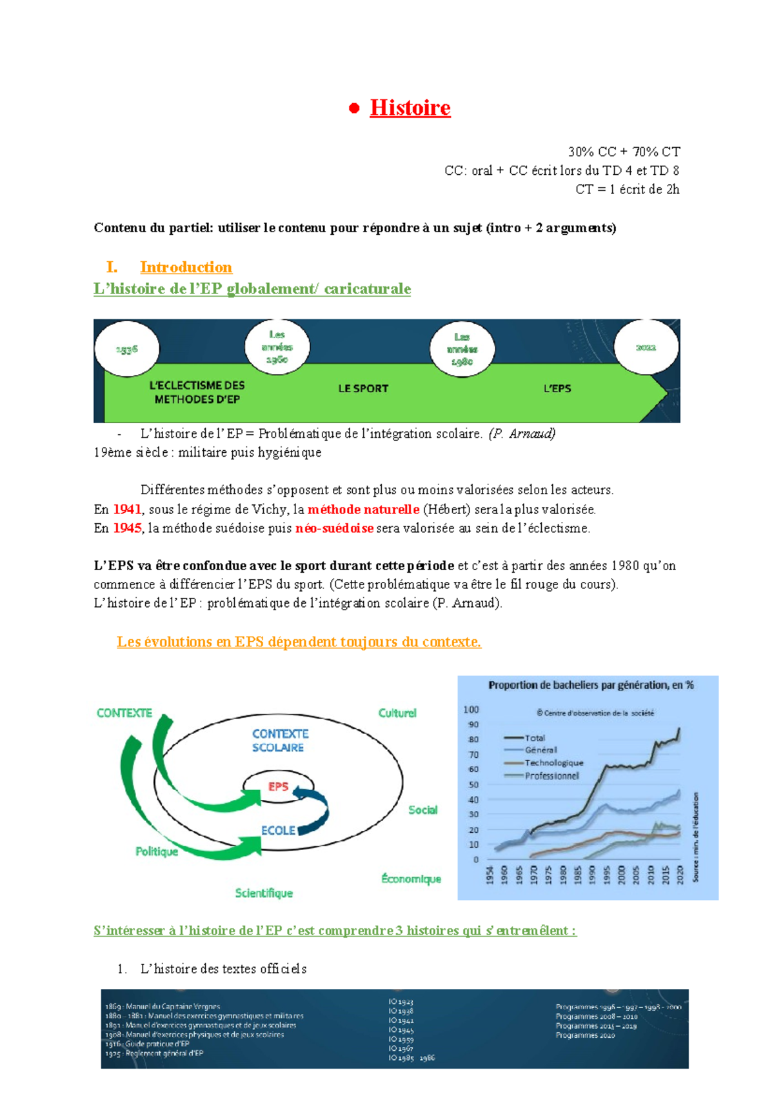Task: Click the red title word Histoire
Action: tap(410, 108)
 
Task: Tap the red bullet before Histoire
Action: tap(353, 108)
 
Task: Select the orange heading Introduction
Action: tap(186, 267)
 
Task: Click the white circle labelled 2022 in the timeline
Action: tap(646, 348)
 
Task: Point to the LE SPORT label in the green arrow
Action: tap(363, 388)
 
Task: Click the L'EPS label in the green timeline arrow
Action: tap(557, 388)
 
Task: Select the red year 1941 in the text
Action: tap(127, 509)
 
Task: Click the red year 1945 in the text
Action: tap(127, 528)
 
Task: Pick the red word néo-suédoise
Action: tap(334, 528)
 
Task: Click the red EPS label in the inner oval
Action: tap(279, 786)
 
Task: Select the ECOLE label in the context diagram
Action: tap(278, 830)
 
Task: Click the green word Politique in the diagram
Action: tap(157, 851)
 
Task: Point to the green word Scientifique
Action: tap(264, 893)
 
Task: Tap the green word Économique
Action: tap(411, 879)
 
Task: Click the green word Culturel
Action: tap(397, 713)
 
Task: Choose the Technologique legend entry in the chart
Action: tap(553, 762)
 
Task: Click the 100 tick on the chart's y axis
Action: tap(471, 710)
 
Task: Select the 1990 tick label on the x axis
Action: tap(592, 875)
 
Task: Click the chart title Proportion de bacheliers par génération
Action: tap(590, 685)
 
